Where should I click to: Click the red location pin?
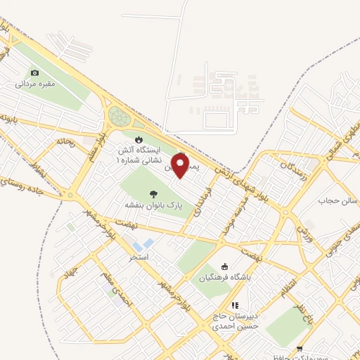[x=180, y=166]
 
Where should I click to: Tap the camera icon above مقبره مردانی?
[x=36, y=72]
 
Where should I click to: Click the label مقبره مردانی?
[x=36, y=84]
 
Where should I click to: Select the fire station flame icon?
[x=139, y=139]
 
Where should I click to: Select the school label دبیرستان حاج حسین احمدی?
[x=236, y=321]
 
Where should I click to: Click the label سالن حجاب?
[x=335, y=201]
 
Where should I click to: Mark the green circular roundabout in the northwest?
[x=118, y=116]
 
